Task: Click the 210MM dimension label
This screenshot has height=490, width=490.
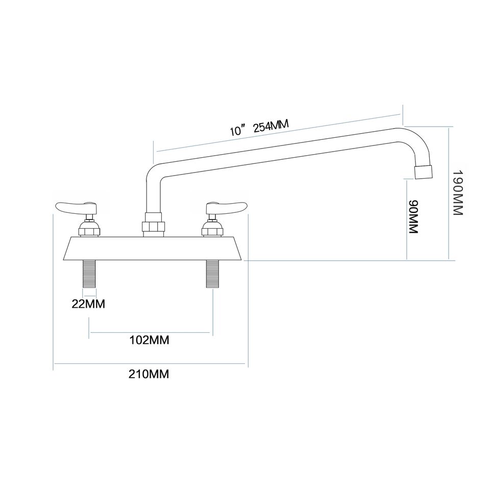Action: point(149,375)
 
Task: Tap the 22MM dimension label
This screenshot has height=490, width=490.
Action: point(88,305)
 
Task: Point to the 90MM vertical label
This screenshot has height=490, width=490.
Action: point(414,217)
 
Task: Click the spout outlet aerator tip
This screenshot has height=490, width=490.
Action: point(424,171)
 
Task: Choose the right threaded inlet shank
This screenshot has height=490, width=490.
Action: point(212,274)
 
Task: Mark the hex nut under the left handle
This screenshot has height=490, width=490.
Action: point(90,230)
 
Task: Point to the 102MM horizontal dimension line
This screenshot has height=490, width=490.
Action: point(151,333)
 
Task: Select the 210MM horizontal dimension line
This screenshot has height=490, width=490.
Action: point(151,363)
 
